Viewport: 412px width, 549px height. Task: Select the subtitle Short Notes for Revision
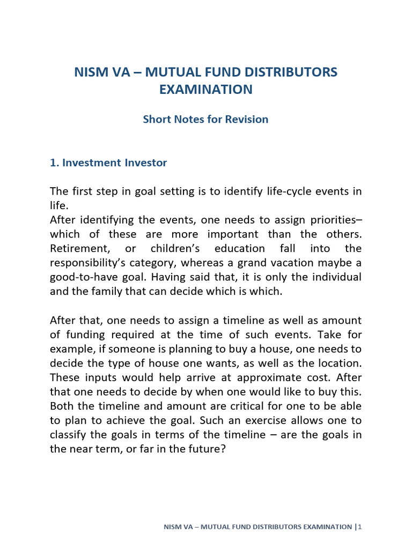(205, 119)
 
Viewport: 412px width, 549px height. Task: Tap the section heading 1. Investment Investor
(108, 162)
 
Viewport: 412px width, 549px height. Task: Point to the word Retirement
(75, 248)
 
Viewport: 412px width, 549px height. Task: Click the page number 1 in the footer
(360, 527)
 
